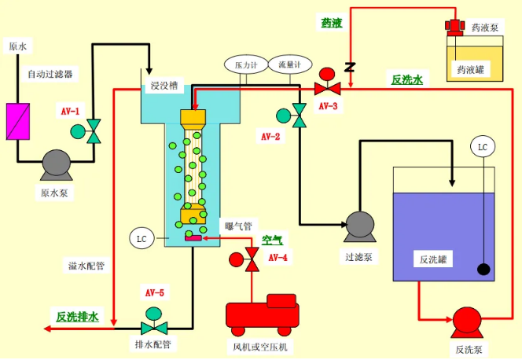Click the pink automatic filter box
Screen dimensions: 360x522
(x=17, y=118)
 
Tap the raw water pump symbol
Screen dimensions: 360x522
(x=54, y=163)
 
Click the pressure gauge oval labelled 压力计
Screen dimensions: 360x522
(x=241, y=64)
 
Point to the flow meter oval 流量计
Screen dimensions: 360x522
(x=285, y=64)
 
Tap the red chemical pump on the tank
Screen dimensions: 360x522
(x=454, y=27)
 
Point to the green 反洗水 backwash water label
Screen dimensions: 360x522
(x=407, y=79)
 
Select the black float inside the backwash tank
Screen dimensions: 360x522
(x=483, y=270)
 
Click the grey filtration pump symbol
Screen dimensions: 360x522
(x=358, y=226)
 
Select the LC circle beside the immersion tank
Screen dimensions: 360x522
(x=142, y=237)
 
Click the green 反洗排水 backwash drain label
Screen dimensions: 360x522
(x=78, y=317)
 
